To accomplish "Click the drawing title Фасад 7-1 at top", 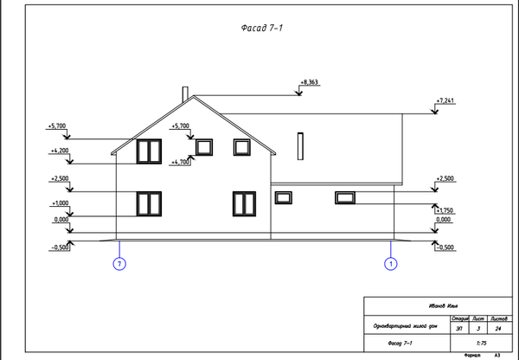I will pos(261,29).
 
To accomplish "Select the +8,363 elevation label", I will pos(309,82).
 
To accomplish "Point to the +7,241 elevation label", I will pos(445,100).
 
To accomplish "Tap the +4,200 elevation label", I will pos(60,151).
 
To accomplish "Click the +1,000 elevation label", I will pos(60,202).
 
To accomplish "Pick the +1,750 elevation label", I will pos(445,210).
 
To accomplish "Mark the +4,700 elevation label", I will pos(181,162).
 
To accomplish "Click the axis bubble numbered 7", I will pos(119,262).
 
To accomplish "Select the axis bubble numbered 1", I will pos(390,262).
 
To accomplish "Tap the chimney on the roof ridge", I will pos(184,93).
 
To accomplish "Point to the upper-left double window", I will pos(149,151).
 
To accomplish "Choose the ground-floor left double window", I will pos(149,204).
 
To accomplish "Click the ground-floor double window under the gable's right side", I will pos(244,204).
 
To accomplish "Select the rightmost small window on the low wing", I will pos(344,198).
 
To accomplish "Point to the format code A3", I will pos(497,356).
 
